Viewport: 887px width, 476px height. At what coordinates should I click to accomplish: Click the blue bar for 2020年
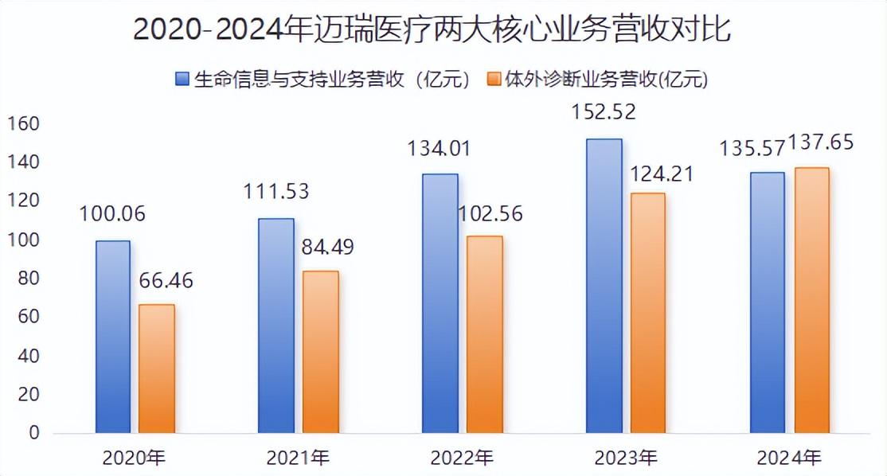coord(112,337)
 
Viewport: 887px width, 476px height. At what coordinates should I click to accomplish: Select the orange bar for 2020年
coord(157,369)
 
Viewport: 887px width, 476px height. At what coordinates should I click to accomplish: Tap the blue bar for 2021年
coord(276,326)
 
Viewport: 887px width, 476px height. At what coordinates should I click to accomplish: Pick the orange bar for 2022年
coord(484,334)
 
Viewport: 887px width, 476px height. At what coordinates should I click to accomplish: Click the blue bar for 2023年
coord(604,286)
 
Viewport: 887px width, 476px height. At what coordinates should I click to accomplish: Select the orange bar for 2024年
coord(811,300)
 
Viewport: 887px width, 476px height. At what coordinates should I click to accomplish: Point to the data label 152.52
coord(604,112)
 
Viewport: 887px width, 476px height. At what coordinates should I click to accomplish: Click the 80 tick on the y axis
coord(29,279)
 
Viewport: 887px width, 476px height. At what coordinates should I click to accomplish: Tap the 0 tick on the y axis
coord(34,433)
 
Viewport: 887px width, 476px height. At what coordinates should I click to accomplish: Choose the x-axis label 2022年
coord(462,458)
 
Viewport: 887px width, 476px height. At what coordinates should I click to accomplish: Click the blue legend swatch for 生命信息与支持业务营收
coord(182,79)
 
